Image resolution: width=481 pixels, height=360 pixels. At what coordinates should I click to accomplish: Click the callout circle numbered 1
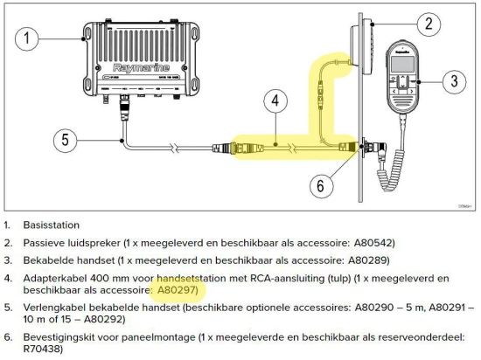[28, 38]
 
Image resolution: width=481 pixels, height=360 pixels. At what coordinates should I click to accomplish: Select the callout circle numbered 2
[427, 24]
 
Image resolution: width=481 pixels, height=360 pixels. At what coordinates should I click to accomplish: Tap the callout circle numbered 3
[452, 83]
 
